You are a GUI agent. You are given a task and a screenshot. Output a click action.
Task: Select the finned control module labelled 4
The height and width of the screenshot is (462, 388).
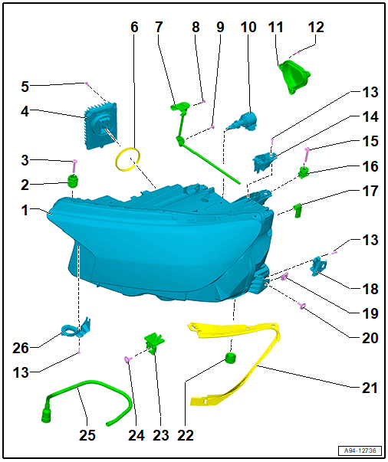(x=100, y=125)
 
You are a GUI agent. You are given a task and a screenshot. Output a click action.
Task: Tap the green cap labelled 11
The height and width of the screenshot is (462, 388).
(x=293, y=76)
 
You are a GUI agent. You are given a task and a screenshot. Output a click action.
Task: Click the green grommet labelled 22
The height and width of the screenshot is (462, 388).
(x=231, y=358)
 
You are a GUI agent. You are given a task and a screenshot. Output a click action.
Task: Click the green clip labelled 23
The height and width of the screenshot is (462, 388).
(x=153, y=342)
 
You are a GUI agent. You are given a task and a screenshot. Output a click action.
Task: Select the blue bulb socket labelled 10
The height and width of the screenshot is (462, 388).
(x=244, y=121)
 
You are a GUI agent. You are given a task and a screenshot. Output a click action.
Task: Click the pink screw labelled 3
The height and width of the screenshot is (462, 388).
(x=74, y=166)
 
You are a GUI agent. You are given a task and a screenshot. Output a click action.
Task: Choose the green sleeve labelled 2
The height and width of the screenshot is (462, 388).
(x=72, y=180)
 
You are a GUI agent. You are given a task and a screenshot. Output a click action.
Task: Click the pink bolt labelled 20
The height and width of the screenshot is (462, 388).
(x=302, y=306)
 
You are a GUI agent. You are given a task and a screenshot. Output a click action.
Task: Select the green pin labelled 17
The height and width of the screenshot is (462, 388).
(x=298, y=211)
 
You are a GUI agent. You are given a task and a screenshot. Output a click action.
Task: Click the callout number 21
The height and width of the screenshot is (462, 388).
(x=370, y=388)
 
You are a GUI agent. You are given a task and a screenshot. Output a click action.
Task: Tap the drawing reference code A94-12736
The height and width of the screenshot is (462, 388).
(x=360, y=451)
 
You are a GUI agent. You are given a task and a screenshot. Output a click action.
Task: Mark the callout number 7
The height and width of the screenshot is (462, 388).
(x=159, y=27)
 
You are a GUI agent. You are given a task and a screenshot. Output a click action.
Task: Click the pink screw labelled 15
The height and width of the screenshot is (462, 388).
(x=307, y=154)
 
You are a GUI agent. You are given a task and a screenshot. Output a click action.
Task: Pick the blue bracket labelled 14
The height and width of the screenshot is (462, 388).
(x=264, y=162)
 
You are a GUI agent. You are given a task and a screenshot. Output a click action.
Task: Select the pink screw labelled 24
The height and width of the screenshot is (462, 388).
(x=127, y=359)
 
